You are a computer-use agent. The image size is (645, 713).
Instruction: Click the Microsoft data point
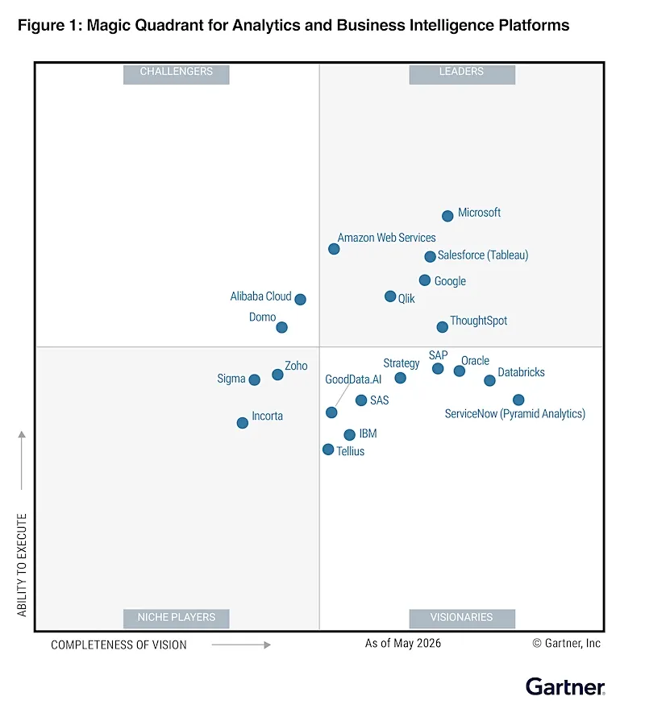[447, 216]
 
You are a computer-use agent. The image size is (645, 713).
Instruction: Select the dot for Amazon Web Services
[334, 249]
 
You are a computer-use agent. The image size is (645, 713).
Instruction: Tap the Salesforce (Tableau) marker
[430, 256]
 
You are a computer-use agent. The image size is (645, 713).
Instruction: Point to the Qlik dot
[390, 296]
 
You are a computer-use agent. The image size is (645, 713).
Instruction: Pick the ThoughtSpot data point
[442, 326]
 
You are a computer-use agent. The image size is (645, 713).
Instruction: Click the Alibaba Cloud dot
[300, 299]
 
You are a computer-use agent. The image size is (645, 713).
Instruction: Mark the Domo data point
[281, 327]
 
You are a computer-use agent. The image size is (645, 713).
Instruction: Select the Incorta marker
[242, 423]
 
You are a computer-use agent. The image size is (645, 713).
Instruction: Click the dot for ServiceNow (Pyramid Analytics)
[518, 400]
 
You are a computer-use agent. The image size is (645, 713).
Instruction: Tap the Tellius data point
[327, 450]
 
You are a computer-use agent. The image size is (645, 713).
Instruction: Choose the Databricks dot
[489, 380]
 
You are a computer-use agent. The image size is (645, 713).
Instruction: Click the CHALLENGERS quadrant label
[176, 72]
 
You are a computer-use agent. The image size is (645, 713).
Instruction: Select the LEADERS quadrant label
[461, 72]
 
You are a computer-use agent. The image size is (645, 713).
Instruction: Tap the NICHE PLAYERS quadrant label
[176, 617]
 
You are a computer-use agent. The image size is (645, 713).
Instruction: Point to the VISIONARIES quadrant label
[461, 617]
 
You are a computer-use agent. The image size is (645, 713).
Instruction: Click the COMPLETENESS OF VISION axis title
[119, 645]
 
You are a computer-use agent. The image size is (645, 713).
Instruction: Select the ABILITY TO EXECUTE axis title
[22, 565]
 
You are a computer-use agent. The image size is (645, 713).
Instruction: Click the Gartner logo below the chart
[565, 686]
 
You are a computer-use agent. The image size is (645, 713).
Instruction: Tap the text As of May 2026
[403, 643]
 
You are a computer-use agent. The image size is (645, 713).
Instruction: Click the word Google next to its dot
[450, 281]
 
